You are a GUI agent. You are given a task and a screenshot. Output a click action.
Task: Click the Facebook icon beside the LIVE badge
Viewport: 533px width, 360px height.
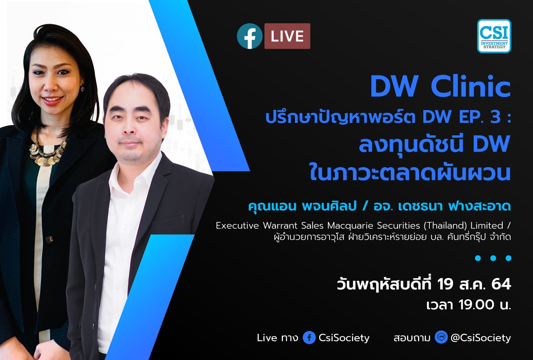point(250,36)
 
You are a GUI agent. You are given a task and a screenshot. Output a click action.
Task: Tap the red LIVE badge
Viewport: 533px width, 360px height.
point(287,36)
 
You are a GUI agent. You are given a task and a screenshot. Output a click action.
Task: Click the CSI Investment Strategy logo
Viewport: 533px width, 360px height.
point(494,36)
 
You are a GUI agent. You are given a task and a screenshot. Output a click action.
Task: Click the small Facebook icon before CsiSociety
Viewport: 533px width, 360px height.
point(309,338)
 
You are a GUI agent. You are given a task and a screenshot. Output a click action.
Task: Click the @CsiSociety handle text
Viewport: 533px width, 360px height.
point(480,338)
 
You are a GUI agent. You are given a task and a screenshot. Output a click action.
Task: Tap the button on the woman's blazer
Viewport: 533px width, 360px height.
point(50,239)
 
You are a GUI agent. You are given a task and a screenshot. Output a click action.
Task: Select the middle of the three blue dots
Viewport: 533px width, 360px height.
point(493,258)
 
